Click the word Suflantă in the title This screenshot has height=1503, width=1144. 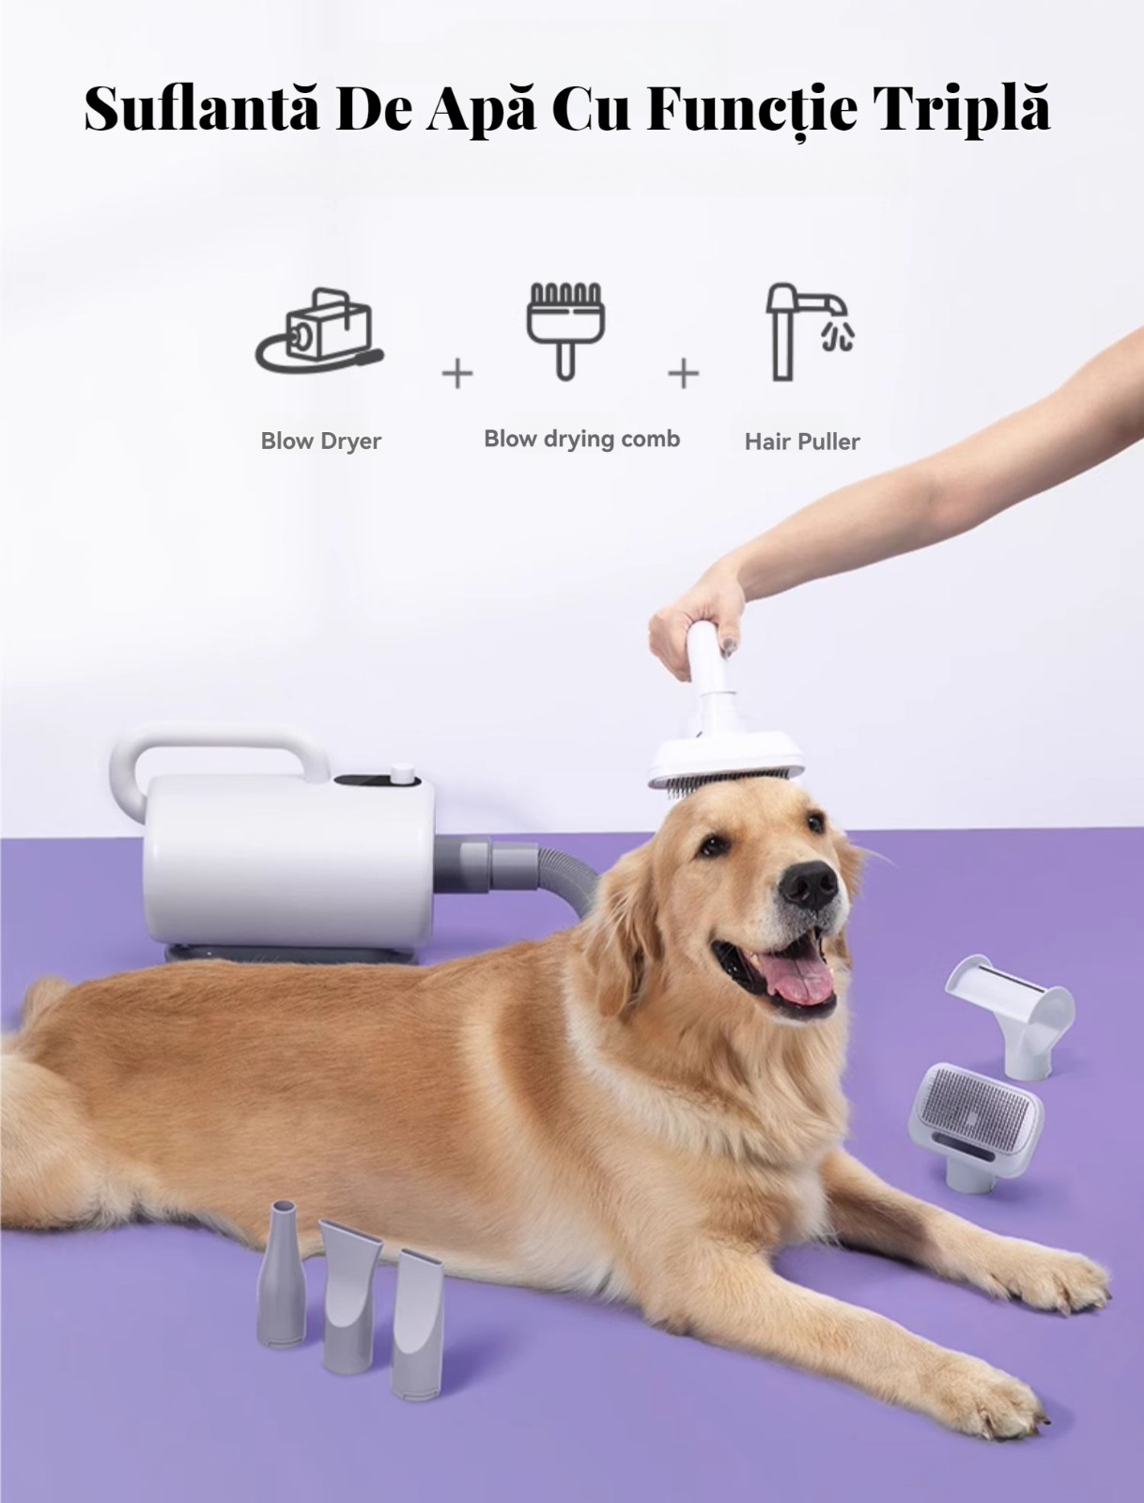[x=202, y=109]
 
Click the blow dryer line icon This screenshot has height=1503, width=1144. [x=319, y=330]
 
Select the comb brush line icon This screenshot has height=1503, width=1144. [x=564, y=331]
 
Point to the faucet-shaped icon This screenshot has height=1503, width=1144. [x=810, y=332]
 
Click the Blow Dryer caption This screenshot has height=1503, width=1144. [x=321, y=441]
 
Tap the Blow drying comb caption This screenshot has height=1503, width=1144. [x=582, y=439]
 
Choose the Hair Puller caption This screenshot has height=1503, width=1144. [x=802, y=442]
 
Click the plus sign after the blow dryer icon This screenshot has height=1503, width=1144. [x=457, y=375]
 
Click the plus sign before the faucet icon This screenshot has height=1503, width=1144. [x=683, y=374]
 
